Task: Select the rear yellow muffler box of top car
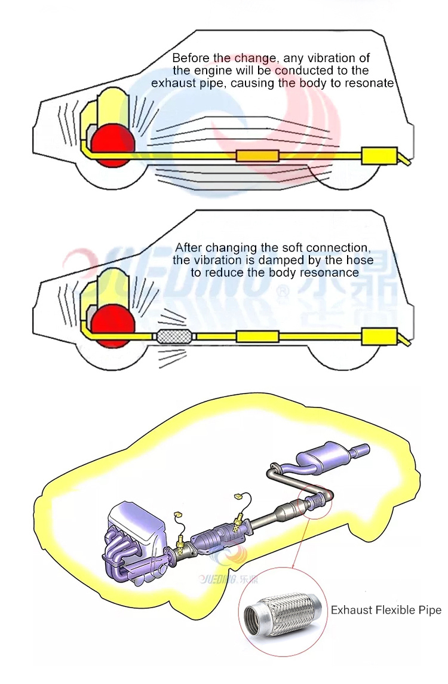[x=379, y=156]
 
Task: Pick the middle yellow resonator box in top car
[x=257, y=156]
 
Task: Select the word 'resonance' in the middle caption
[x=333, y=272]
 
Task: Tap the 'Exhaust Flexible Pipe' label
[x=386, y=610]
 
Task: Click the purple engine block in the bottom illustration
[x=134, y=532]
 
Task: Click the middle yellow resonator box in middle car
[x=257, y=336]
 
